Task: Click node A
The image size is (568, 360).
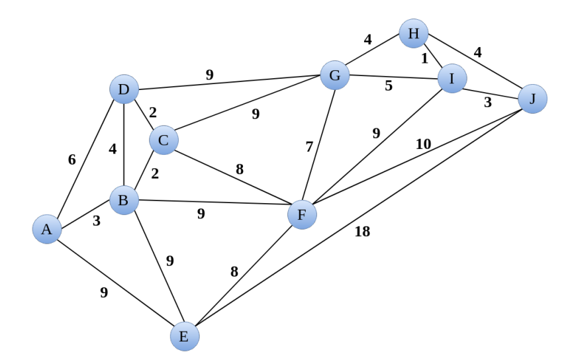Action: pos(46,229)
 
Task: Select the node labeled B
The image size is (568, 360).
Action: pos(124,200)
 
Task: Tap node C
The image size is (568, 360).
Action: pos(164,140)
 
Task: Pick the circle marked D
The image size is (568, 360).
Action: pos(124,89)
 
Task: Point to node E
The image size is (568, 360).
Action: pos(184,336)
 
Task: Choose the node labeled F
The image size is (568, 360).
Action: pos(302,214)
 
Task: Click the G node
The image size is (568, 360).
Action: pos(334,75)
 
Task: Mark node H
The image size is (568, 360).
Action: pos(414,32)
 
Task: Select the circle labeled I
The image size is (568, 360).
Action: pos(452,79)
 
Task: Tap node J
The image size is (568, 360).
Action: pos(532,99)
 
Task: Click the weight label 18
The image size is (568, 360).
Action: pos(362,231)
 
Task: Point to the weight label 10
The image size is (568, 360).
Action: pos(422,144)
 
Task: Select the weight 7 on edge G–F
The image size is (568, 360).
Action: pos(309,147)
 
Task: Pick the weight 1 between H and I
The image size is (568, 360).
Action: pos(425,58)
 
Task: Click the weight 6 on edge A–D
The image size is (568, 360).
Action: pos(71,159)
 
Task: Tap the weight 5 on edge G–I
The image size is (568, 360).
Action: pos(389,85)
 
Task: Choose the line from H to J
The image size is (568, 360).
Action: pos(473,66)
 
